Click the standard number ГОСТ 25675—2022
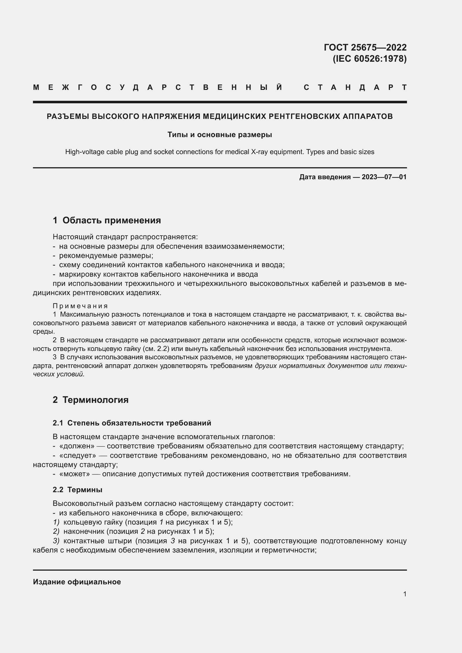[365, 47]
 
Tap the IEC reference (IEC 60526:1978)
[370, 59]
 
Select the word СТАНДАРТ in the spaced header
[355, 87]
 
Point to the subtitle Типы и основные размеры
[220, 135]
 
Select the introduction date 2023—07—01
[384, 177]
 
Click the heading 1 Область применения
[107, 221]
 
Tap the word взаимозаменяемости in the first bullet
[244, 247]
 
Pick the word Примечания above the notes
[80, 306]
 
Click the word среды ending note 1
[44, 332]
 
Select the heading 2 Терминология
[91, 400]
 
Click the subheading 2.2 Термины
[77, 490]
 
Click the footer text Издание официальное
[77, 582]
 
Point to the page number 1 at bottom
[405, 594]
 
